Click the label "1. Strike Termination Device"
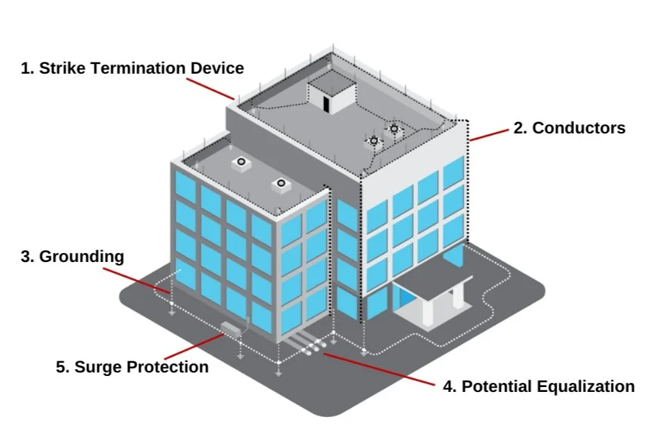pyautogui.click(x=132, y=68)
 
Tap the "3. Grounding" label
pyautogui.click(x=72, y=256)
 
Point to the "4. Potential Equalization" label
pyautogui.click(x=539, y=386)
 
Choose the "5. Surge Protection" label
pyautogui.click(x=132, y=366)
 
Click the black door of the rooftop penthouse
pyautogui.click(x=324, y=101)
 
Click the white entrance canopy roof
pyautogui.click(x=431, y=282)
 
